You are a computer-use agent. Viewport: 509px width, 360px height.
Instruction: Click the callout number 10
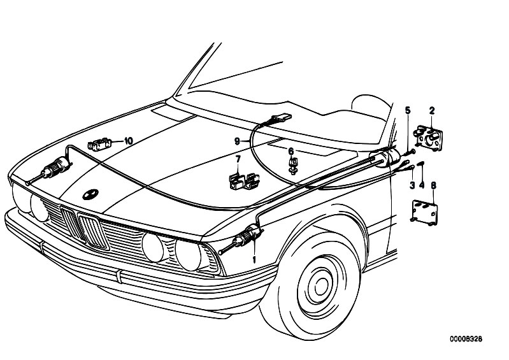(129, 141)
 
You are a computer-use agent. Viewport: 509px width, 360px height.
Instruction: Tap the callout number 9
(237, 141)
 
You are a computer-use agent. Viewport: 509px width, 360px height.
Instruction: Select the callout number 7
(238, 159)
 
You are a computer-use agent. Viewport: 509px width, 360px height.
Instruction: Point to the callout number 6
(291, 151)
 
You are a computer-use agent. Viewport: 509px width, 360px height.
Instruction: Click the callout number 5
(408, 110)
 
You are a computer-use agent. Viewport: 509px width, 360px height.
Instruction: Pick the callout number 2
(432, 110)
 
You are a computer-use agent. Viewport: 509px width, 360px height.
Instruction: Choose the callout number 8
(434, 185)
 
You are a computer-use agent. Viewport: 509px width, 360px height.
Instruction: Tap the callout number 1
(254, 259)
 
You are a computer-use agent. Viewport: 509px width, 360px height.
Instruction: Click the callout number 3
(412, 185)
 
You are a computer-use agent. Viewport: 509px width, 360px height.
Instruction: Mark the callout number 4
(422, 185)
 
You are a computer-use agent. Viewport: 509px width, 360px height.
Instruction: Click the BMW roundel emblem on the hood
(90, 194)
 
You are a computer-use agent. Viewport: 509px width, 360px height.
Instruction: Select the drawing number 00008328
(466, 339)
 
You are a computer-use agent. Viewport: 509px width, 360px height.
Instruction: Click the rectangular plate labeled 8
(425, 212)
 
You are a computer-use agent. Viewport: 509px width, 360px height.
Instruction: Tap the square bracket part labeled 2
(429, 138)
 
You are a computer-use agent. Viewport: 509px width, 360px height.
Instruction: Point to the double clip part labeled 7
(244, 181)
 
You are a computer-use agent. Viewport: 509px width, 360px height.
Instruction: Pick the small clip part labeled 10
(99, 144)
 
